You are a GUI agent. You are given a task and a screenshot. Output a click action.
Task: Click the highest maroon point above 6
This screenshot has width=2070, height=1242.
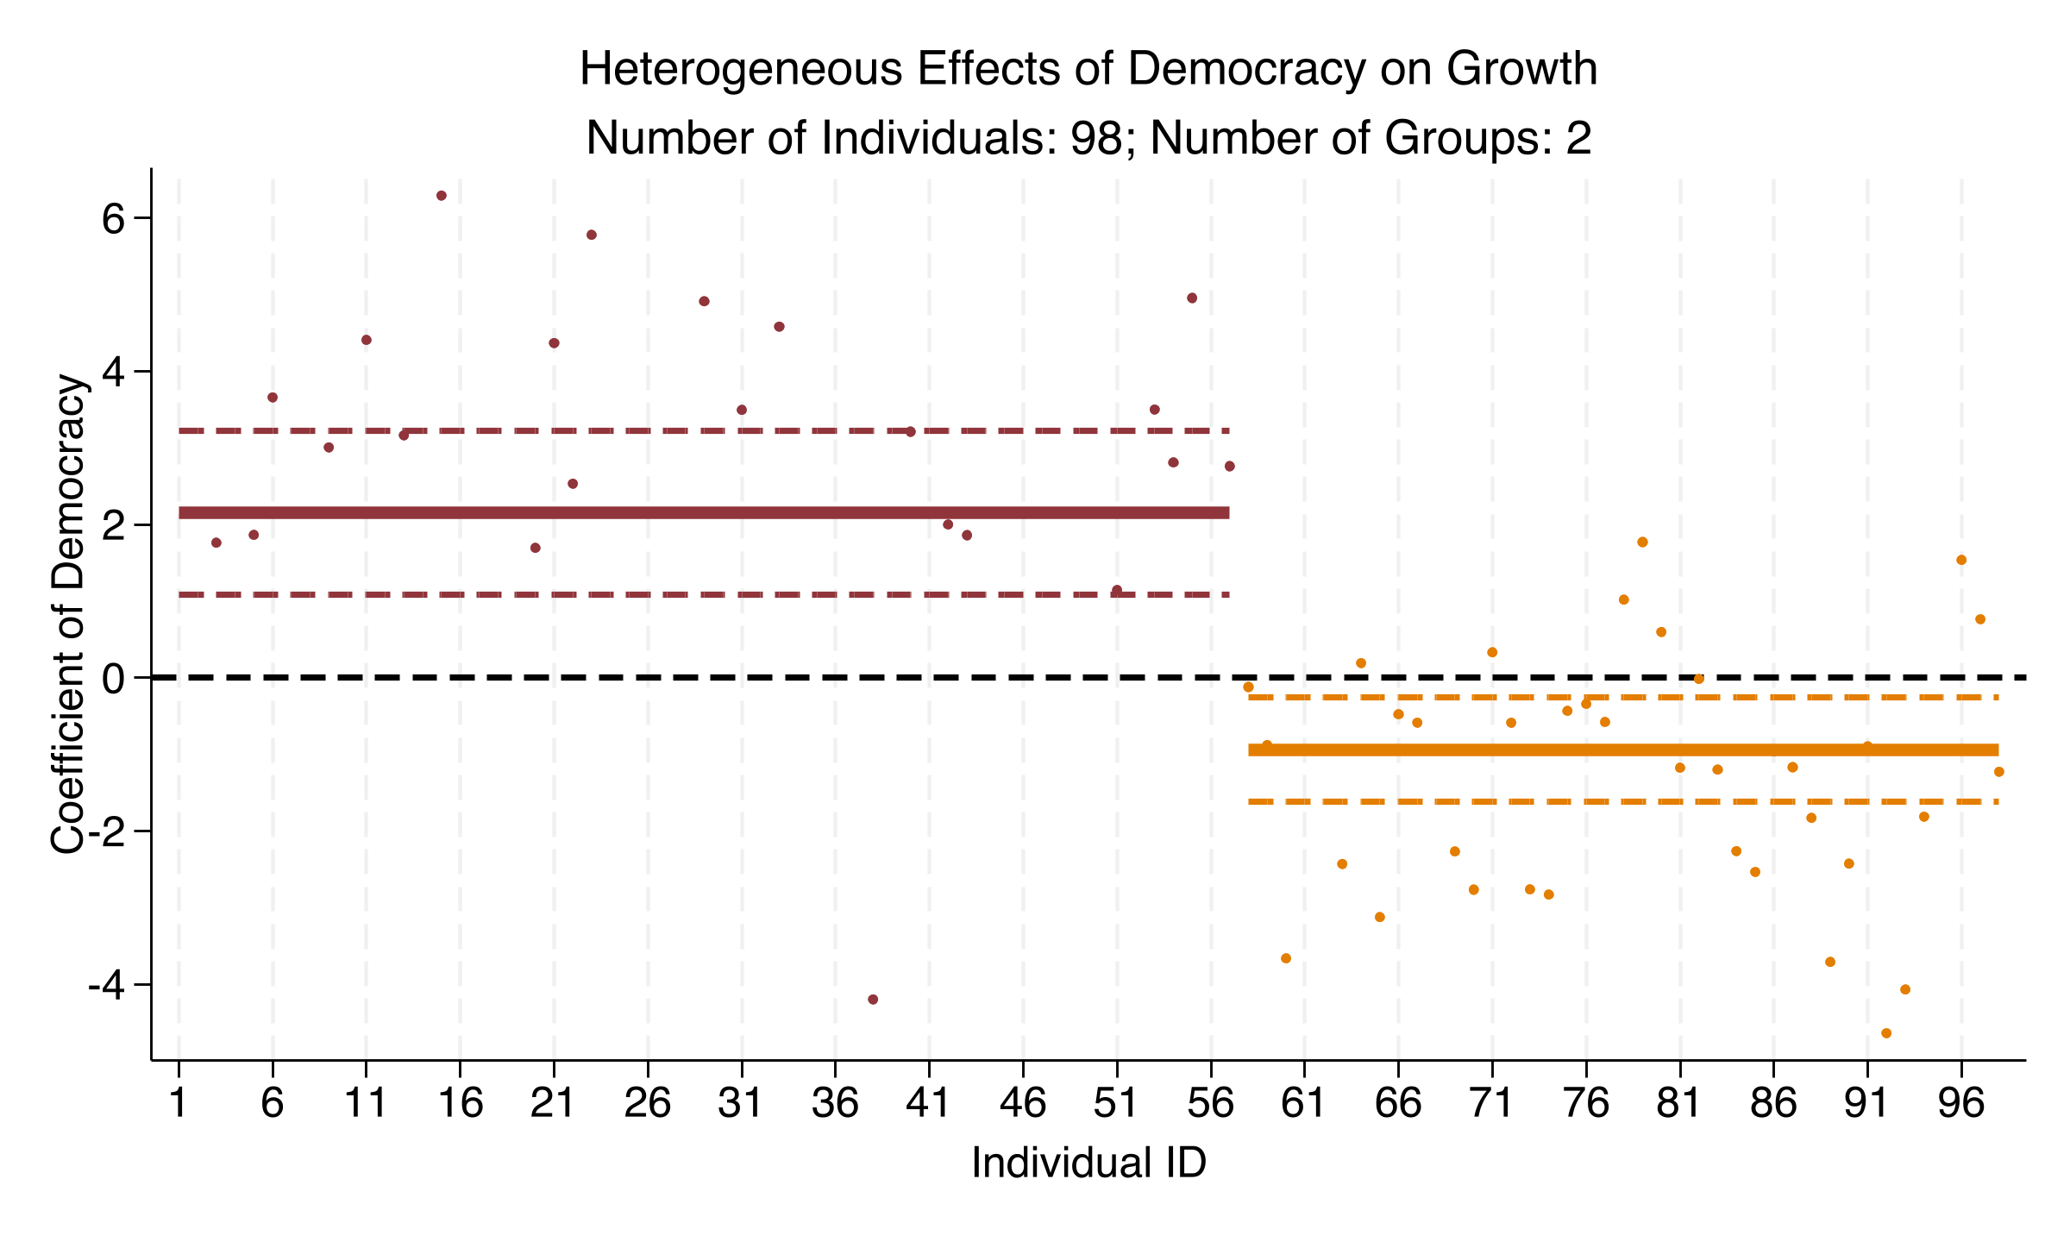click(441, 196)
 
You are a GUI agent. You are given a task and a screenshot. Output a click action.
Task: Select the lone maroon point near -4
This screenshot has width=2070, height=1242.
click(873, 1000)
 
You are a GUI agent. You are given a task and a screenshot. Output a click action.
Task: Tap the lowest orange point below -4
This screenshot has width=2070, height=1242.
click(1886, 1033)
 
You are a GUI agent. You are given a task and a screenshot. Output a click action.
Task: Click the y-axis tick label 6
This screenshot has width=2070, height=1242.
click(114, 219)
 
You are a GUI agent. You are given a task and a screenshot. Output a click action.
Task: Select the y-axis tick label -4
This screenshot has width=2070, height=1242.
click(107, 985)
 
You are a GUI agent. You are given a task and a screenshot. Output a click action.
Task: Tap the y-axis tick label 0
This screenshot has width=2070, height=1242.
click(114, 679)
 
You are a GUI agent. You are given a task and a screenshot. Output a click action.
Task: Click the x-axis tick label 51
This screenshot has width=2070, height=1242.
click(1116, 1103)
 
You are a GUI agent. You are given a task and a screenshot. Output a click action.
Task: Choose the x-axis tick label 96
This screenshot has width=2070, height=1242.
click(1960, 1103)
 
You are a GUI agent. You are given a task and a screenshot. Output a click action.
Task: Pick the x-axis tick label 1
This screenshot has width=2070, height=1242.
click(179, 1103)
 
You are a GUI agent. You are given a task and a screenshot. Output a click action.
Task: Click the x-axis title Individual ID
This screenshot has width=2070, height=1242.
click(1088, 1163)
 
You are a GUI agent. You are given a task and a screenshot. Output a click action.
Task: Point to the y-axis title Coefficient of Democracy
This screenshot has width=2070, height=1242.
click(69, 614)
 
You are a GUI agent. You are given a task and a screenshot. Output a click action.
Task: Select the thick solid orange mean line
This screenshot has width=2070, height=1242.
click(1621, 750)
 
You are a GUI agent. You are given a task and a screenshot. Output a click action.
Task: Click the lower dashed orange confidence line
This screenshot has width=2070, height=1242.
click(1621, 802)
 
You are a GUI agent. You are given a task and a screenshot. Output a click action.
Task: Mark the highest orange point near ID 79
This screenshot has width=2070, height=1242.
click(1642, 543)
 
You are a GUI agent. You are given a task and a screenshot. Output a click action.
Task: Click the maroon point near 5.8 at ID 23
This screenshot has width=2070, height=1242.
click(592, 235)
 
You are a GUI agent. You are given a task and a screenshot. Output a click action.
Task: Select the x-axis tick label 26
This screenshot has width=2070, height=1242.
click(647, 1103)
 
